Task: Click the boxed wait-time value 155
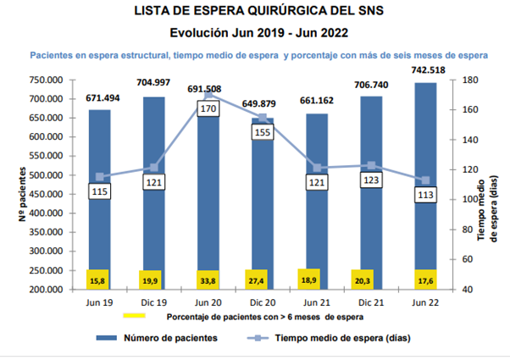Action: [262, 132]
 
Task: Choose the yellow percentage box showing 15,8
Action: [99, 279]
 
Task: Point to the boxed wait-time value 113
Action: [424, 195]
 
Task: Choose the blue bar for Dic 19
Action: [153, 195]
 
